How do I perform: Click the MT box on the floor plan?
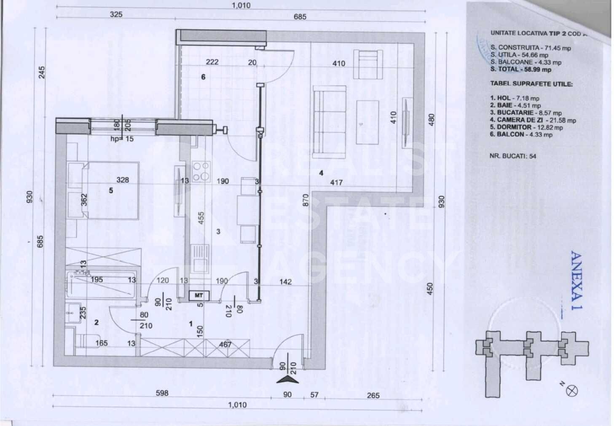click(x=198, y=296)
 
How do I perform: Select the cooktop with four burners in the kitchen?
click(x=201, y=171)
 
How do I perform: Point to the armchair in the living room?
click(x=368, y=64)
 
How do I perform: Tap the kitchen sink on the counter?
click(x=200, y=259)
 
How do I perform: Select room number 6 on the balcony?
click(x=203, y=77)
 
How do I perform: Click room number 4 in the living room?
click(x=321, y=173)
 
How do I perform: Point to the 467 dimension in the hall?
click(x=225, y=345)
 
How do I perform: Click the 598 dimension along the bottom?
click(x=162, y=393)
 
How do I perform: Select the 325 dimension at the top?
click(x=116, y=14)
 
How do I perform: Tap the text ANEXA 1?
click(x=576, y=281)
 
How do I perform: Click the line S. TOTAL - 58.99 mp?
click(x=520, y=70)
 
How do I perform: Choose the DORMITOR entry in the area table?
click(x=526, y=127)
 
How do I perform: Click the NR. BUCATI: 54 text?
click(x=512, y=156)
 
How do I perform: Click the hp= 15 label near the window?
click(x=122, y=139)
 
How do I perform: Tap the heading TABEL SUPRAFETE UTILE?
click(x=531, y=84)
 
